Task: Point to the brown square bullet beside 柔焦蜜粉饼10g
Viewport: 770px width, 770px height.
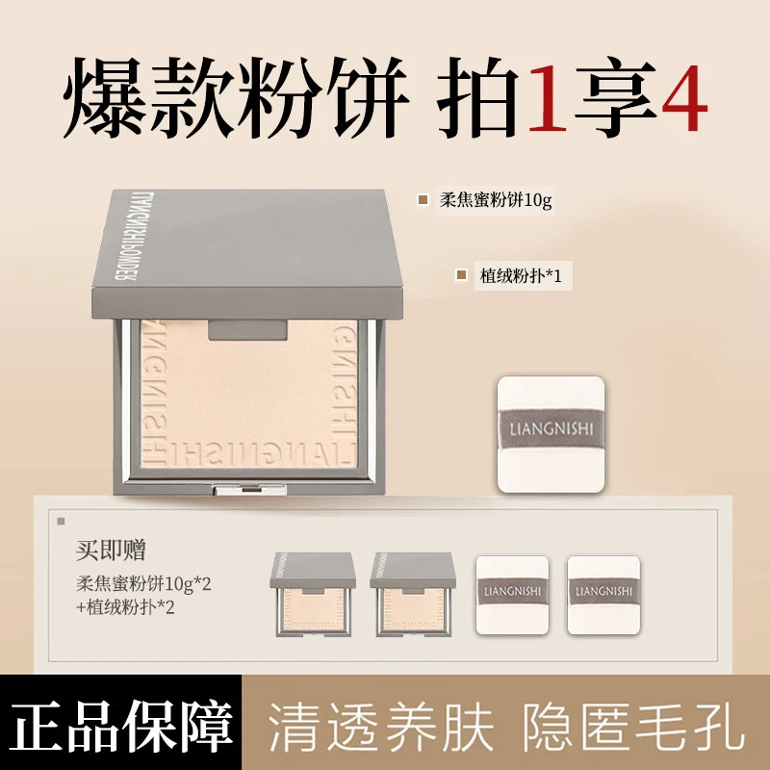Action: click(423, 199)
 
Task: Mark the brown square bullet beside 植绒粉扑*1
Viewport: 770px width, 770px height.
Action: click(462, 276)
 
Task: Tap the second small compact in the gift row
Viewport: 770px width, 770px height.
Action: click(412, 594)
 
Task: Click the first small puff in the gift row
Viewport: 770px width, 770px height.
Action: click(511, 595)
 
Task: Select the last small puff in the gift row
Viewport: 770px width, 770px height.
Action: click(603, 595)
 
